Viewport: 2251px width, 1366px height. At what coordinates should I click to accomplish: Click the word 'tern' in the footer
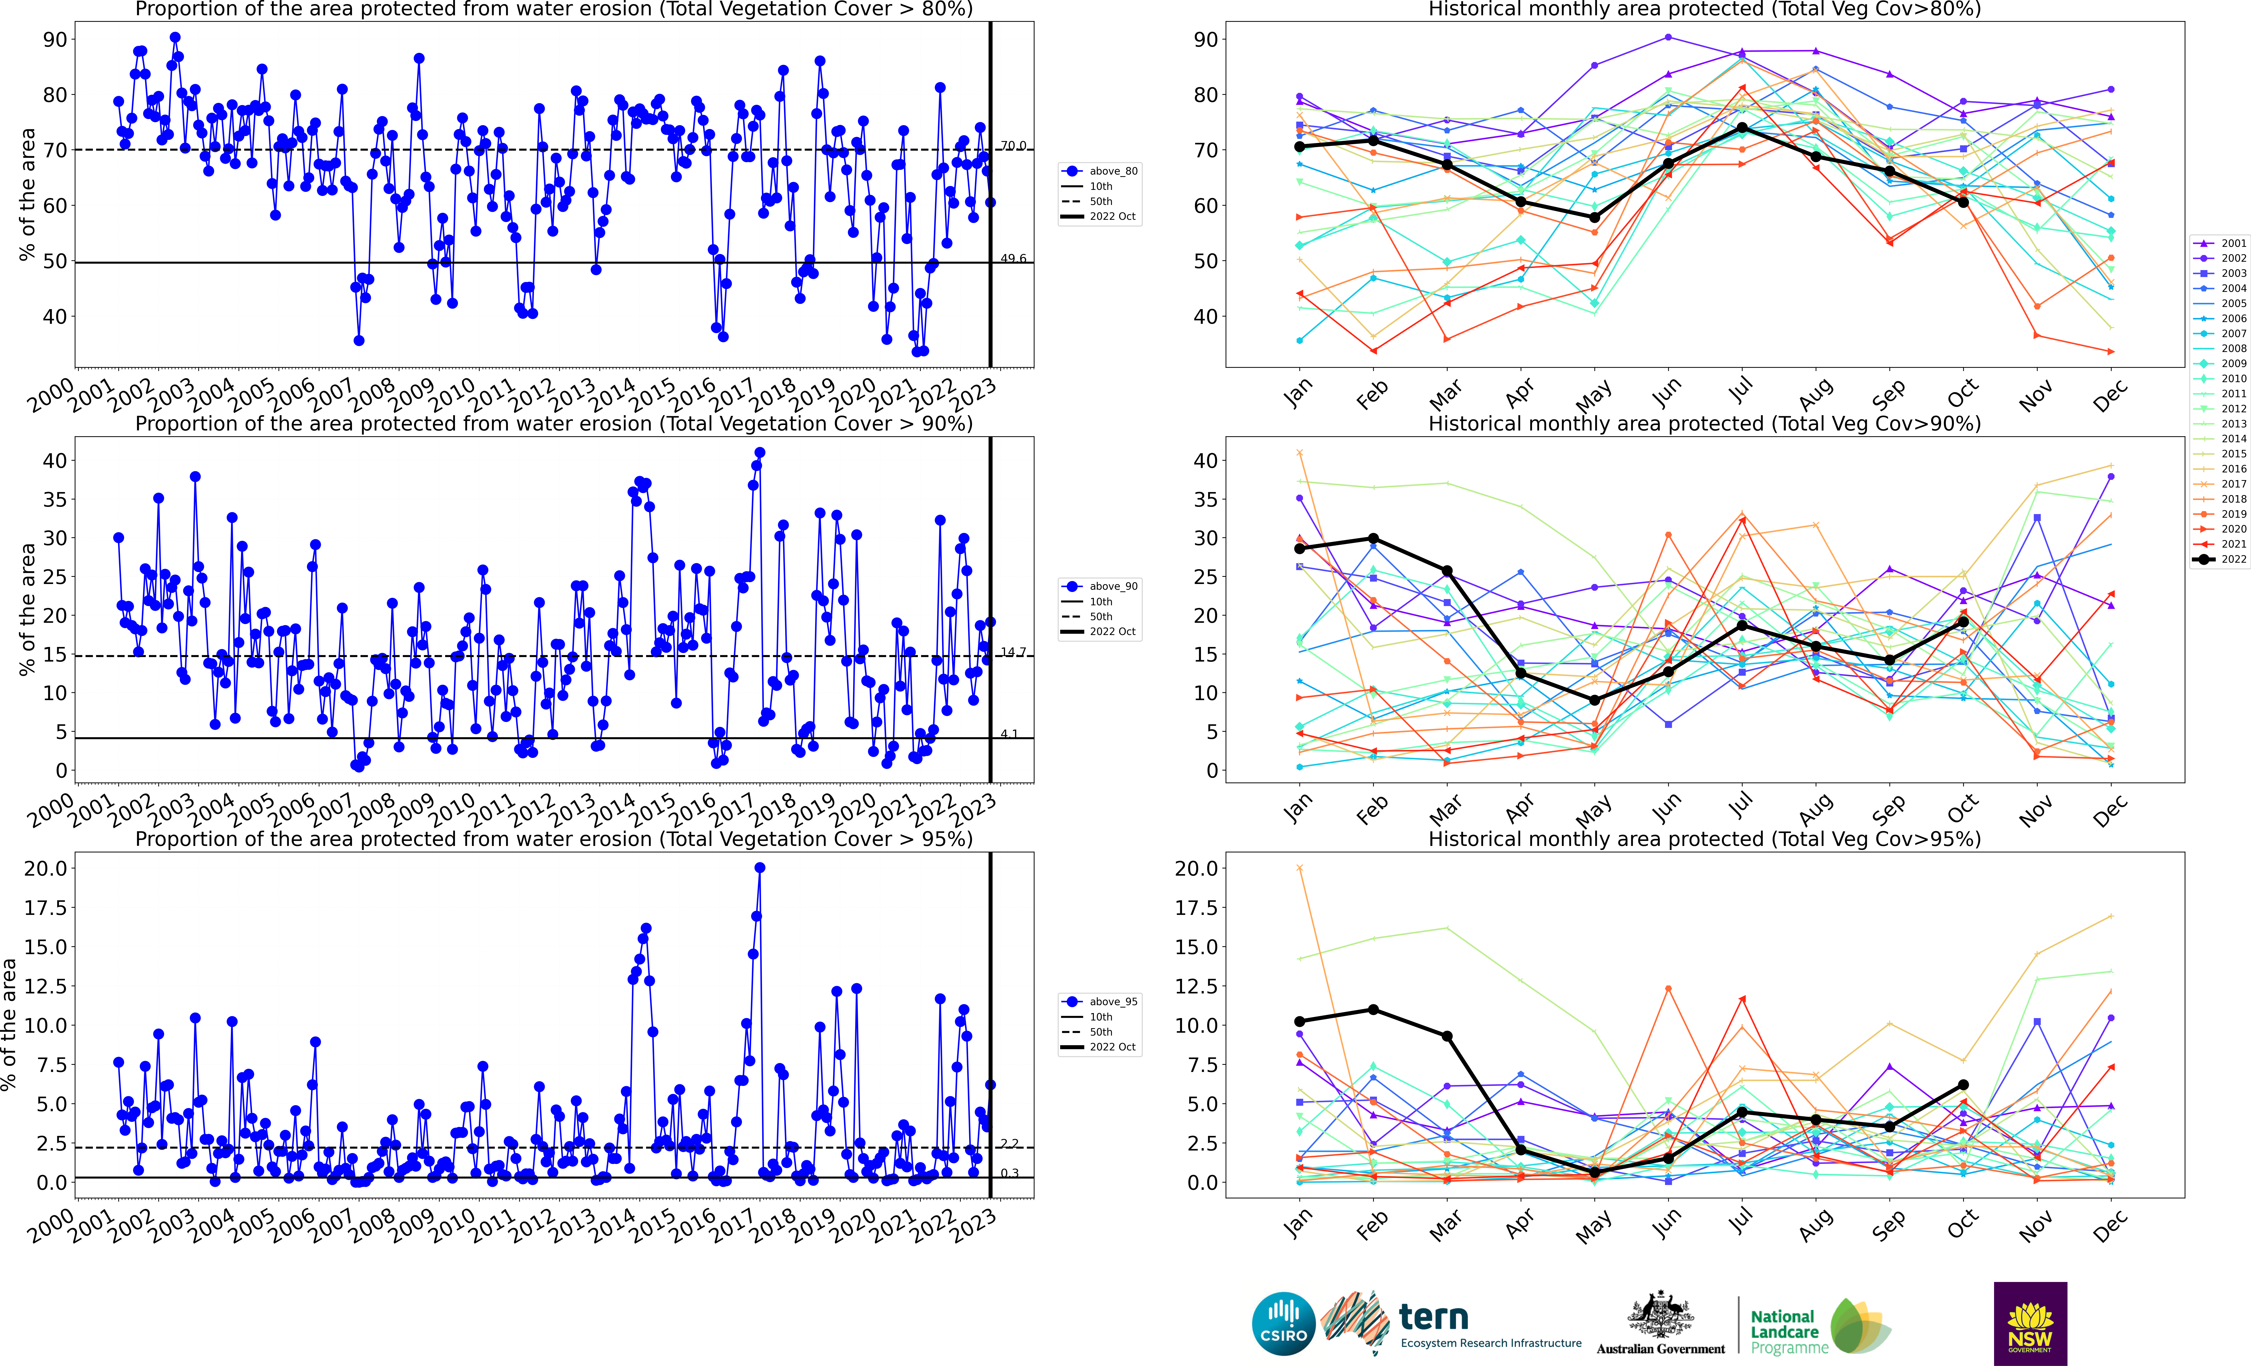pyautogui.click(x=1433, y=1318)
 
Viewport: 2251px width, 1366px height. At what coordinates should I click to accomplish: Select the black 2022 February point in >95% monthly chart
pyautogui.click(x=1373, y=1010)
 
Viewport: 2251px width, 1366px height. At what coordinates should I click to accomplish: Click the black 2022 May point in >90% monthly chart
pyautogui.click(x=1594, y=700)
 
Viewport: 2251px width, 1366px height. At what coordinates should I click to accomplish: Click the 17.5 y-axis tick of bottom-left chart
pyautogui.click(x=46, y=907)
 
